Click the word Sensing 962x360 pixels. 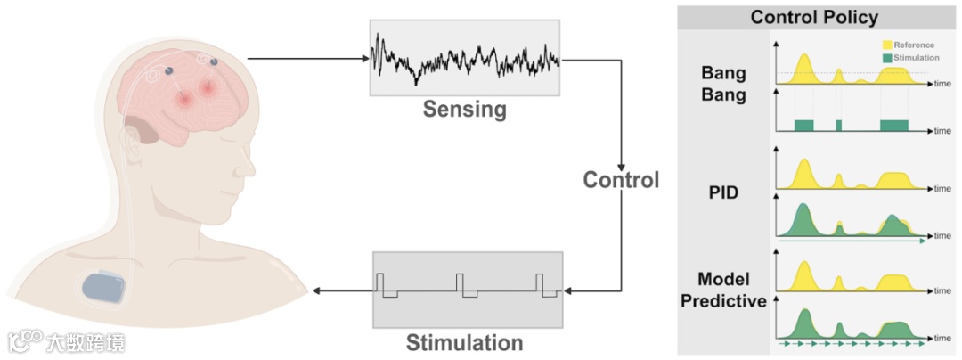click(464, 110)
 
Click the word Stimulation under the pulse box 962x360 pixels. click(464, 342)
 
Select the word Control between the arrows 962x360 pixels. click(621, 180)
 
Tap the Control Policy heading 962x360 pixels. click(814, 17)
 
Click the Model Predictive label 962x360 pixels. click(723, 289)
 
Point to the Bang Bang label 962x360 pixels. click(722, 85)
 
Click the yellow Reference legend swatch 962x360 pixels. click(887, 44)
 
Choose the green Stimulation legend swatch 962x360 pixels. click(887, 56)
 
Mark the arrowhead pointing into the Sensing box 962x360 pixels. click(365, 60)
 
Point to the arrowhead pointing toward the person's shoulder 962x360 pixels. click(317, 290)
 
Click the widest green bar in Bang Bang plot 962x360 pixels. click(893, 125)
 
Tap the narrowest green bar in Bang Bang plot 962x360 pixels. click(838, 125)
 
